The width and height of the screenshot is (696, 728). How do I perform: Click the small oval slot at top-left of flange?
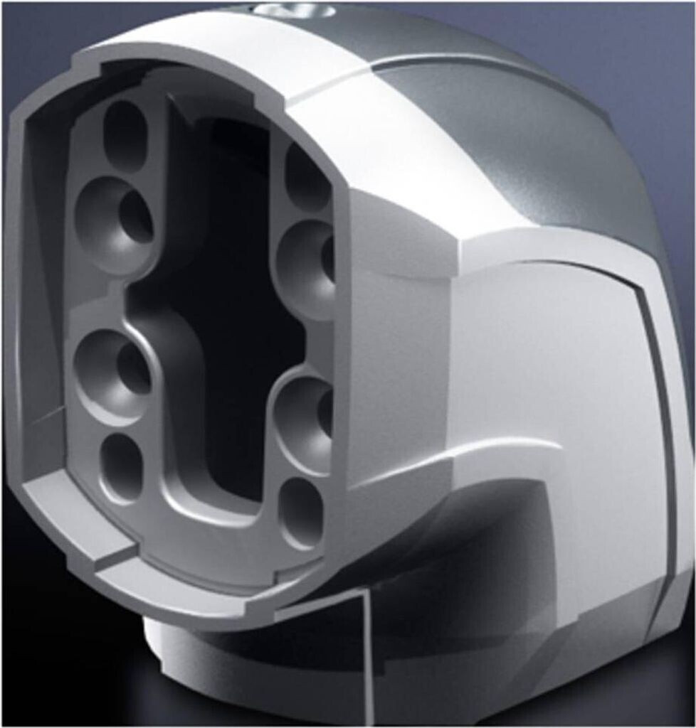tap(125, 135)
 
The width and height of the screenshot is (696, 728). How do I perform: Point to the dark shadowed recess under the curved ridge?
tap(484, 540)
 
